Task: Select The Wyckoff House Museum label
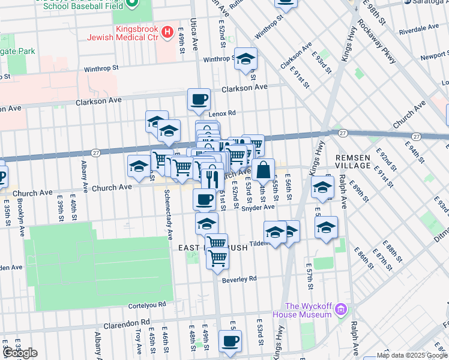coord(302,310)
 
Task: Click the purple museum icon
coord(341,310)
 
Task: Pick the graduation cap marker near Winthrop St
coord(246,59)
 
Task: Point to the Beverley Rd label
coord(239,279)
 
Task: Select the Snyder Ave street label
coord(258,208)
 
